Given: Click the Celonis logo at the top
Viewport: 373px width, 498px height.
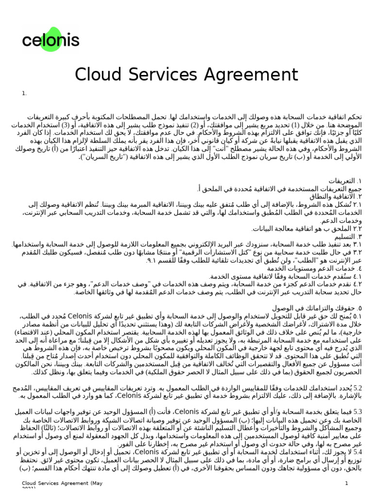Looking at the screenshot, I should click(x=51, y=39).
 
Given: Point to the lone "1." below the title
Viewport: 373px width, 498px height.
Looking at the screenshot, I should click(x=24, y=93).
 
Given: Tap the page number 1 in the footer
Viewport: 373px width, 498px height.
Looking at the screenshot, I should click(x=347, y=483).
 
